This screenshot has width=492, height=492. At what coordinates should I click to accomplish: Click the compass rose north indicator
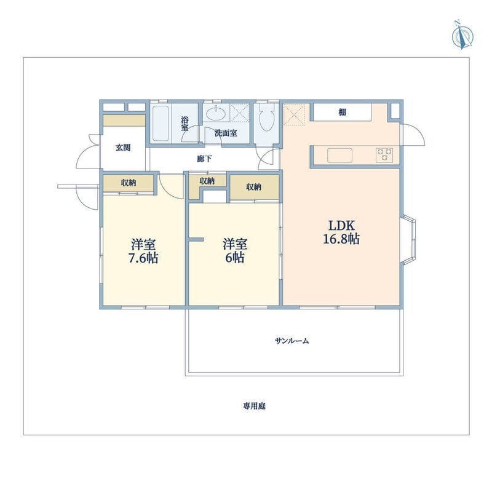coord(462,36)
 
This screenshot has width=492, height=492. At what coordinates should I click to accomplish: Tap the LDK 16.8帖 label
coord(341,232)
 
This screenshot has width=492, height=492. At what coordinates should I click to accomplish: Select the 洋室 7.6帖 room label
coord(143,251)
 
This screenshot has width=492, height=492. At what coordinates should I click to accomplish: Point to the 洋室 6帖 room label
coord(235,250)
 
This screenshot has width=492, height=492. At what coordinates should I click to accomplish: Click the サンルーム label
coord(292,341)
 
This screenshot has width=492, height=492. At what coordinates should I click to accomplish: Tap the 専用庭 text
coord(254,406)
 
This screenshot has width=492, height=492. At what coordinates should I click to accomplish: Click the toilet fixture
coord(267,117)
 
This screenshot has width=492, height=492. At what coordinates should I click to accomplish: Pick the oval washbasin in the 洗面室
coord(216,113)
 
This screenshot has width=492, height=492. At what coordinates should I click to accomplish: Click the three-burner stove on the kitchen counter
coord(384,155)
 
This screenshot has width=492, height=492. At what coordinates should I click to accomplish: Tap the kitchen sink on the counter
coord(340,156)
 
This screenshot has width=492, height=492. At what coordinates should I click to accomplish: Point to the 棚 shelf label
coord(343,112)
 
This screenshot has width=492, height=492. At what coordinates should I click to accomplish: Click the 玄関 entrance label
coord(123,147)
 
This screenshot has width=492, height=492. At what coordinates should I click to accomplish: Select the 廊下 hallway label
coord(204,159)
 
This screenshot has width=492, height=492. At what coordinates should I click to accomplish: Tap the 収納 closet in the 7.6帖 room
coord(129,183)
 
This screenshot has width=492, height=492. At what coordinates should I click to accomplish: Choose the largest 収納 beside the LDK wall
coord(255,187)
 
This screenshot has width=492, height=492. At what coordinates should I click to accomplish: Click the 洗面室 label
coord(226,133)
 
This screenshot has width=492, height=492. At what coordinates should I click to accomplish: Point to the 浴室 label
coord(185,124)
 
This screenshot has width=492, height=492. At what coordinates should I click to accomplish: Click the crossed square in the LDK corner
coord(294,115)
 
